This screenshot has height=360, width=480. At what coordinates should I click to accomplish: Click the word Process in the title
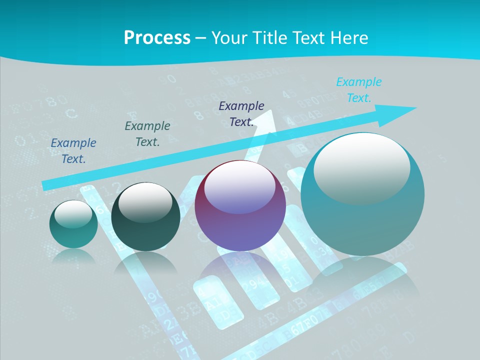point(157,37)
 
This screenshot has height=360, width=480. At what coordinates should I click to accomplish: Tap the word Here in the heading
point(348,37)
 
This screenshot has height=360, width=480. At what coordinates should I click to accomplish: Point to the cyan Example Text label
point(358,90)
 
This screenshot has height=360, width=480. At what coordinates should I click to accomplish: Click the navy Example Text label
point(241,113)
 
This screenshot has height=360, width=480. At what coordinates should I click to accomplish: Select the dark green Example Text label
point(147,134)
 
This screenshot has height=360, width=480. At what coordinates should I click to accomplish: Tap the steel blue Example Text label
point(73,150)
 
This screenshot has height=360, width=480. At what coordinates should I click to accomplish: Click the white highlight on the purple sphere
point(240,187)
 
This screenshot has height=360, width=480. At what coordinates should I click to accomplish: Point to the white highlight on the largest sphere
point(361,167)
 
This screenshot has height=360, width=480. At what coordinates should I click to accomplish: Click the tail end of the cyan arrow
point(46,185)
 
